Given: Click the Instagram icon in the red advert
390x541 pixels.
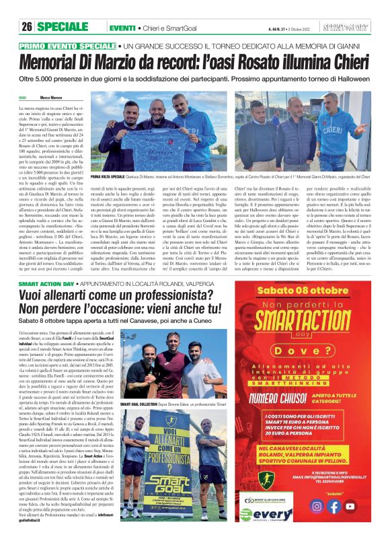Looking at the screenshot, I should coord(317,506).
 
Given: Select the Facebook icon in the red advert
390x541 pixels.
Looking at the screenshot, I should coord(334,506).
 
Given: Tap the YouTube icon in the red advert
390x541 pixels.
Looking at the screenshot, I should coord(350,506).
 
